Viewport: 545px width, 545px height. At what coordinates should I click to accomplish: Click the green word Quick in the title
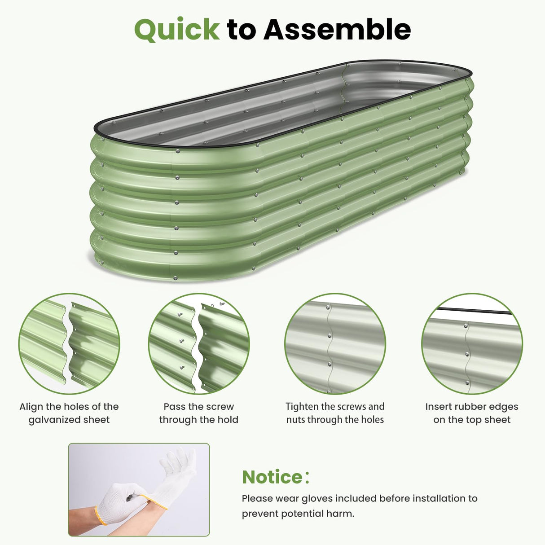[x=176, y=30]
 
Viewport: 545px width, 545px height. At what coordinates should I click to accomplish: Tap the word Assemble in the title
[x=337, y=30]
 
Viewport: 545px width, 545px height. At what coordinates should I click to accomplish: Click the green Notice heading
[x=272, y=477]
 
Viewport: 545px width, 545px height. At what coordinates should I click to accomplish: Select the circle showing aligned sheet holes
[x=69, y=344]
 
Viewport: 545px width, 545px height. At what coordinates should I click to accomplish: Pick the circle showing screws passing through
[x=199, y=344]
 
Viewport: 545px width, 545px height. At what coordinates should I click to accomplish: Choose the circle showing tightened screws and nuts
[x=335, y=344]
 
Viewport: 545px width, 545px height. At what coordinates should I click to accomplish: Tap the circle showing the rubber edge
[x=472, y=344]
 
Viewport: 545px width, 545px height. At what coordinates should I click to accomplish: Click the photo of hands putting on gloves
[x=139, y=489]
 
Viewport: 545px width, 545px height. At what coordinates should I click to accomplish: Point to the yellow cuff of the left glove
[x=101, y=516]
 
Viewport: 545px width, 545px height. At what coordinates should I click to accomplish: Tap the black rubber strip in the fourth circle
[x=473, y=310]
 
